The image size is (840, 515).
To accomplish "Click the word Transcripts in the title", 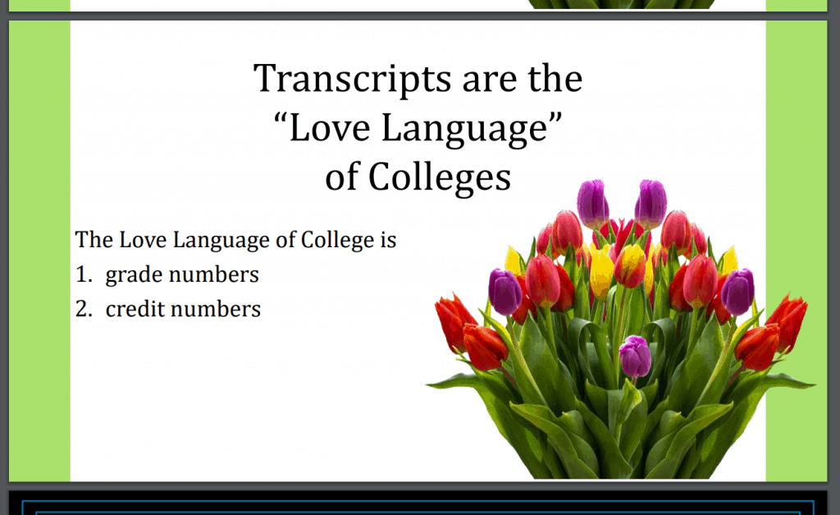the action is [x=353, y=80].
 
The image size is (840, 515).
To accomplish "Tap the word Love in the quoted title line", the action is [x=330, y=129].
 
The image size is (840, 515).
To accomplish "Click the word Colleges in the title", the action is [x=440, y=178].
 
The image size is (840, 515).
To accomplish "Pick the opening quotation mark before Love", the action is [x=281, y=119].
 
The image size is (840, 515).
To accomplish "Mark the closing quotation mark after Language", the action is [x=555, y=118].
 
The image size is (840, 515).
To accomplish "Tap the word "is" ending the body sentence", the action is [x=388, y=241].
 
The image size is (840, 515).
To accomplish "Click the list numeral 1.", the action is [x=83, y=274].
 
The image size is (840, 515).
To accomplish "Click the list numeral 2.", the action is [x=84, y=309].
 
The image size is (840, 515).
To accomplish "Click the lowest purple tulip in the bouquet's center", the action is [x=635, y=356].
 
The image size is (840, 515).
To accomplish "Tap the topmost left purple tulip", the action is [x=592, y=204].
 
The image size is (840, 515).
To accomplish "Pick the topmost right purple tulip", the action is [x=651, y=203].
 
